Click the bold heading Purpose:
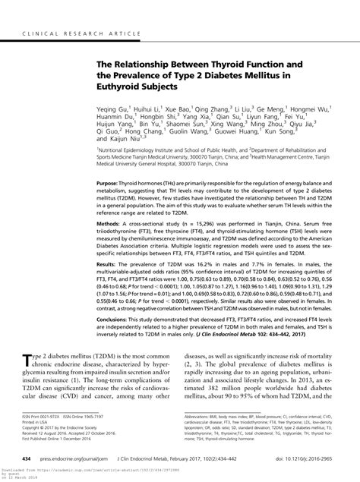click(x=110, y=206)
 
